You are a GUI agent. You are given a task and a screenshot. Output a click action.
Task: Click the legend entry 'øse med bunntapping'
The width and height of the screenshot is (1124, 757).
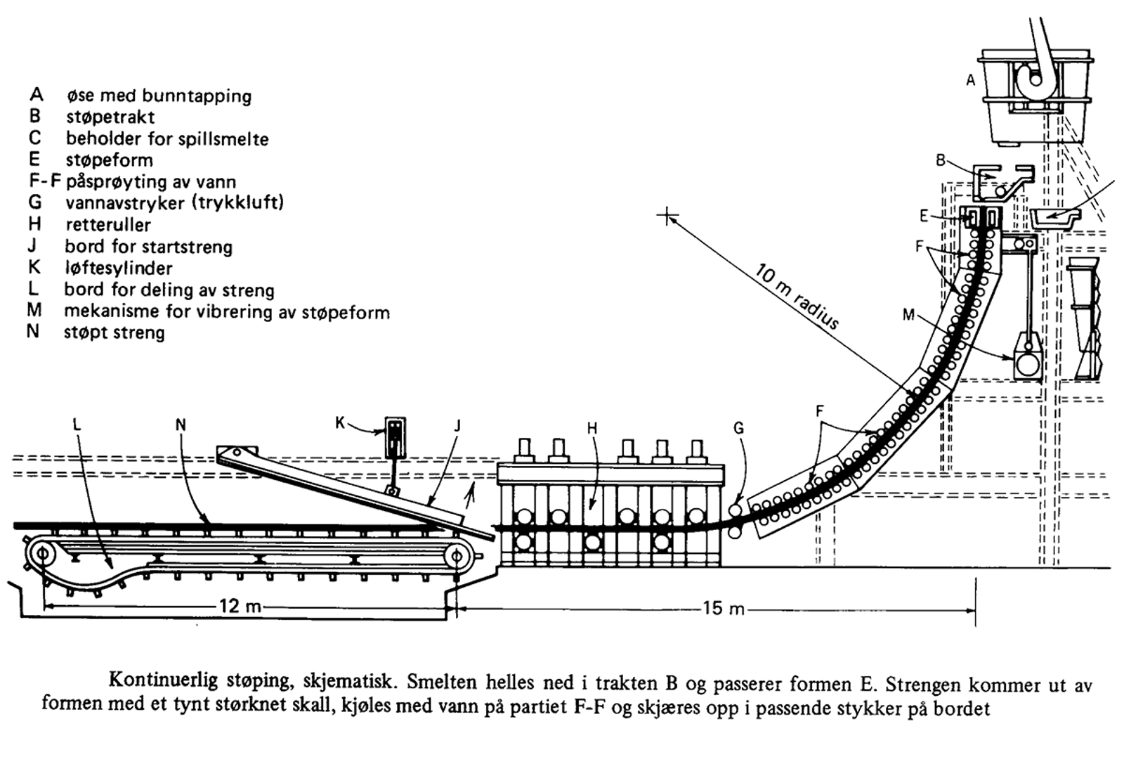(159, 96)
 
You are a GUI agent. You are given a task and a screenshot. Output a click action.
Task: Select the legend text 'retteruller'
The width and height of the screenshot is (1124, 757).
(108, 225)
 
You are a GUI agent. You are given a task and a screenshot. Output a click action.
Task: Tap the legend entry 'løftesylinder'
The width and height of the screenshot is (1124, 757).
(118, 268)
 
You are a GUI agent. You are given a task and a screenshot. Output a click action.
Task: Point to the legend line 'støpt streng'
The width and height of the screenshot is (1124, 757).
(114, 332)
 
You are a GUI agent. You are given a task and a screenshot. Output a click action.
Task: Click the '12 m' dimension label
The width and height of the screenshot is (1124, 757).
(240, 605)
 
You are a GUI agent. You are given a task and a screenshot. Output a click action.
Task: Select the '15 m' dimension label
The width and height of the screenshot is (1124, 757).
(724, 607)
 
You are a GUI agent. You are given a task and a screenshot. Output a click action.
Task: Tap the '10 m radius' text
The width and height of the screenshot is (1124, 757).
(797, 296)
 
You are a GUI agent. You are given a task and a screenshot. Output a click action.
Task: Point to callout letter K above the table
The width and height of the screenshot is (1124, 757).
(340, 423)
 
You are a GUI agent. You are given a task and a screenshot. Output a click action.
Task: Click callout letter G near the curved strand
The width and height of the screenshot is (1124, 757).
(738, 428)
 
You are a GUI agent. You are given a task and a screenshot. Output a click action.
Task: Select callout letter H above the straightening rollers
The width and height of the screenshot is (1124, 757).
(592, 428)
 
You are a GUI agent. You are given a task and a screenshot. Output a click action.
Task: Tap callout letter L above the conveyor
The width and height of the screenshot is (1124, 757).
(77, 424)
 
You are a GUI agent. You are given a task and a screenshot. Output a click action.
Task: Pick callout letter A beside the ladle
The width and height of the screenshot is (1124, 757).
(971, 81)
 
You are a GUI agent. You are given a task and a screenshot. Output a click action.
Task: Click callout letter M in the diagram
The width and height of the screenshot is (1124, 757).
(908, 315)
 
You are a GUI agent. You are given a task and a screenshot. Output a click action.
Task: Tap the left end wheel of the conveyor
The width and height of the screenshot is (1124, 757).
(44, 555)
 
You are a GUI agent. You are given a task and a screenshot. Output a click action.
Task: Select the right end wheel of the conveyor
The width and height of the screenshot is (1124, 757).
(457, 556)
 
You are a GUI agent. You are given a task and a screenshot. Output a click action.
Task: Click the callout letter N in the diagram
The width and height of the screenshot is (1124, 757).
(181, 424)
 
